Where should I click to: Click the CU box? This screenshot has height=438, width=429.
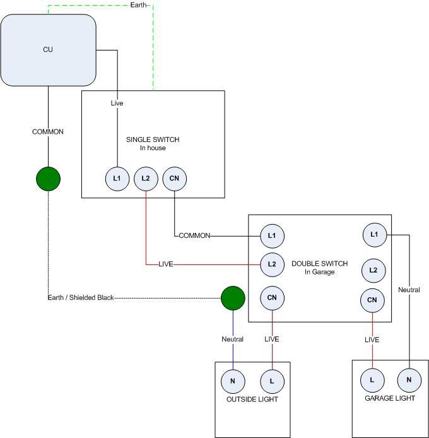[x=49, y=49]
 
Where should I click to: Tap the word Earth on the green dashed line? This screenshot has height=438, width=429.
[x=138, y=5]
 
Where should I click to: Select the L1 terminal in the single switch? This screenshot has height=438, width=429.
[x=117, y=179]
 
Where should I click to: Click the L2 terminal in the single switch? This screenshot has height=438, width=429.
[x=146, y=179]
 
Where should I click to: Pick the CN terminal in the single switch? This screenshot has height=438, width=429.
[x=175, y=179]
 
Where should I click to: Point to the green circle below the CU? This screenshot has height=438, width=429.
[x=49, y=179]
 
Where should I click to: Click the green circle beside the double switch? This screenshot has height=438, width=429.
[x=233, y=297]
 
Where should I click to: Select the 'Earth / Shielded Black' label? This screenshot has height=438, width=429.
[x=80, y=297]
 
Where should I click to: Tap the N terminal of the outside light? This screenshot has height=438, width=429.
[x=233, y=381]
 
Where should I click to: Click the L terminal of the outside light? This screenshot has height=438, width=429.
[x=272, y=381]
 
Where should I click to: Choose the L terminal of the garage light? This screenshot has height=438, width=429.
[x=372, y=380]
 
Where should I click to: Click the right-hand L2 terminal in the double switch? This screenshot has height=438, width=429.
[x=373, y=270]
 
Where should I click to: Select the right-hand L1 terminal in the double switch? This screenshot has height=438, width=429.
[x=375, y=235]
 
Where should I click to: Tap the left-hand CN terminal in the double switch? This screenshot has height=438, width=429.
[x=272, y=297]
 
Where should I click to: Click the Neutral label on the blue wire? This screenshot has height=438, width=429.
[x=232, y=340]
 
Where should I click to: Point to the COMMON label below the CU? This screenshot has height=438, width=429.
[x=48, y=132]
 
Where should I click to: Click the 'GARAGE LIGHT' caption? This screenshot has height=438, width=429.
[x=390, y=399]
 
